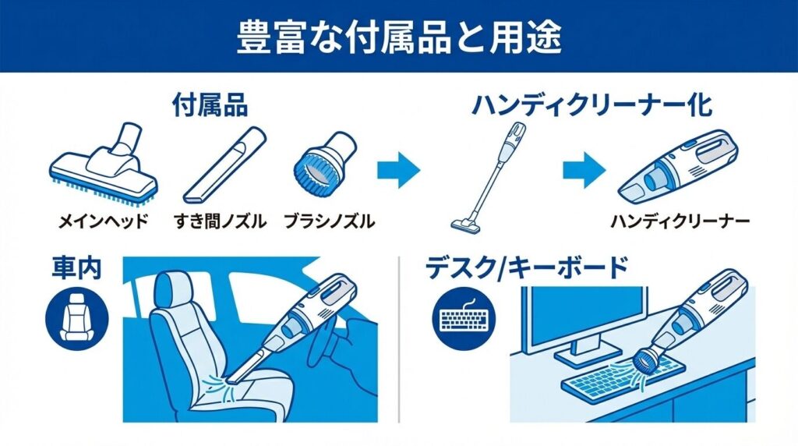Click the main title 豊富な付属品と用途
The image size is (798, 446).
coord(399,37)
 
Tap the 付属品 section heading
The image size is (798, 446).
coord(210,105)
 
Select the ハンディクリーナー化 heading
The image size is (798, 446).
coord(592,105)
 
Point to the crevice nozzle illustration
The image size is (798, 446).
coord(224,166)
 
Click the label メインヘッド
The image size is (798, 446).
coord(104,221)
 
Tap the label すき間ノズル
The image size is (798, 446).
coord(221,221)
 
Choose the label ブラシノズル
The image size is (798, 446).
coord(330,221)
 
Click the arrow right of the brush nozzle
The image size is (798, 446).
coord(398,170)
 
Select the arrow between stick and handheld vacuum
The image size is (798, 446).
coord(584,170)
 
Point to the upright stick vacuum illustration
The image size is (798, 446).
coord(489,179)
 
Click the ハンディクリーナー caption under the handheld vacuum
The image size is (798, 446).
coord(680,221)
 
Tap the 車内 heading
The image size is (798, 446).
coord(76,267)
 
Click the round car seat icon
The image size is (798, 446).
coord(77,318)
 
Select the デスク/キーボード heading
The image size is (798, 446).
coord(527,268)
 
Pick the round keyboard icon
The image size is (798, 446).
coord(464,318)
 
